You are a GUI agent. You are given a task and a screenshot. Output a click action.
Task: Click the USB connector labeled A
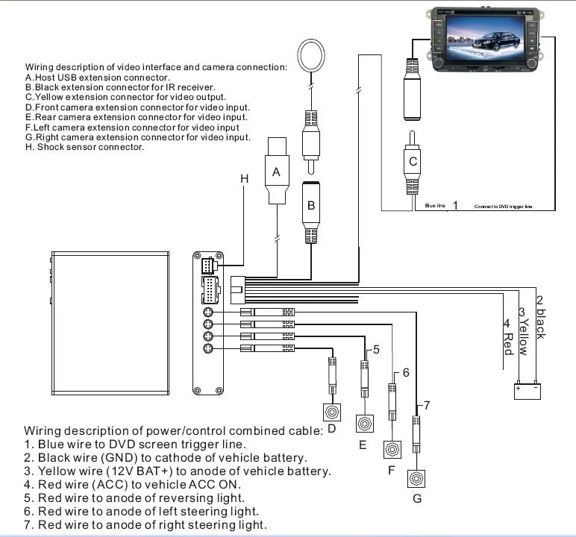(277, 172)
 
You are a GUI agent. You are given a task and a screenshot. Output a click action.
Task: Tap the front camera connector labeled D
(332, 412)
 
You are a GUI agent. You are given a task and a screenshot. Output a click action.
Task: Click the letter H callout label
(243, 178)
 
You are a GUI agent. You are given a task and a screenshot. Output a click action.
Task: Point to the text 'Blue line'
(435, 205)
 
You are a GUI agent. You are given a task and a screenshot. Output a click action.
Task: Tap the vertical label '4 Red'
(507, 336)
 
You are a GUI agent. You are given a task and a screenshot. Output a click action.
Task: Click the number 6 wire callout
(406, 371)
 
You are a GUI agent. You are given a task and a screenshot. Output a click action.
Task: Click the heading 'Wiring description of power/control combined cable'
(174, 430)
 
